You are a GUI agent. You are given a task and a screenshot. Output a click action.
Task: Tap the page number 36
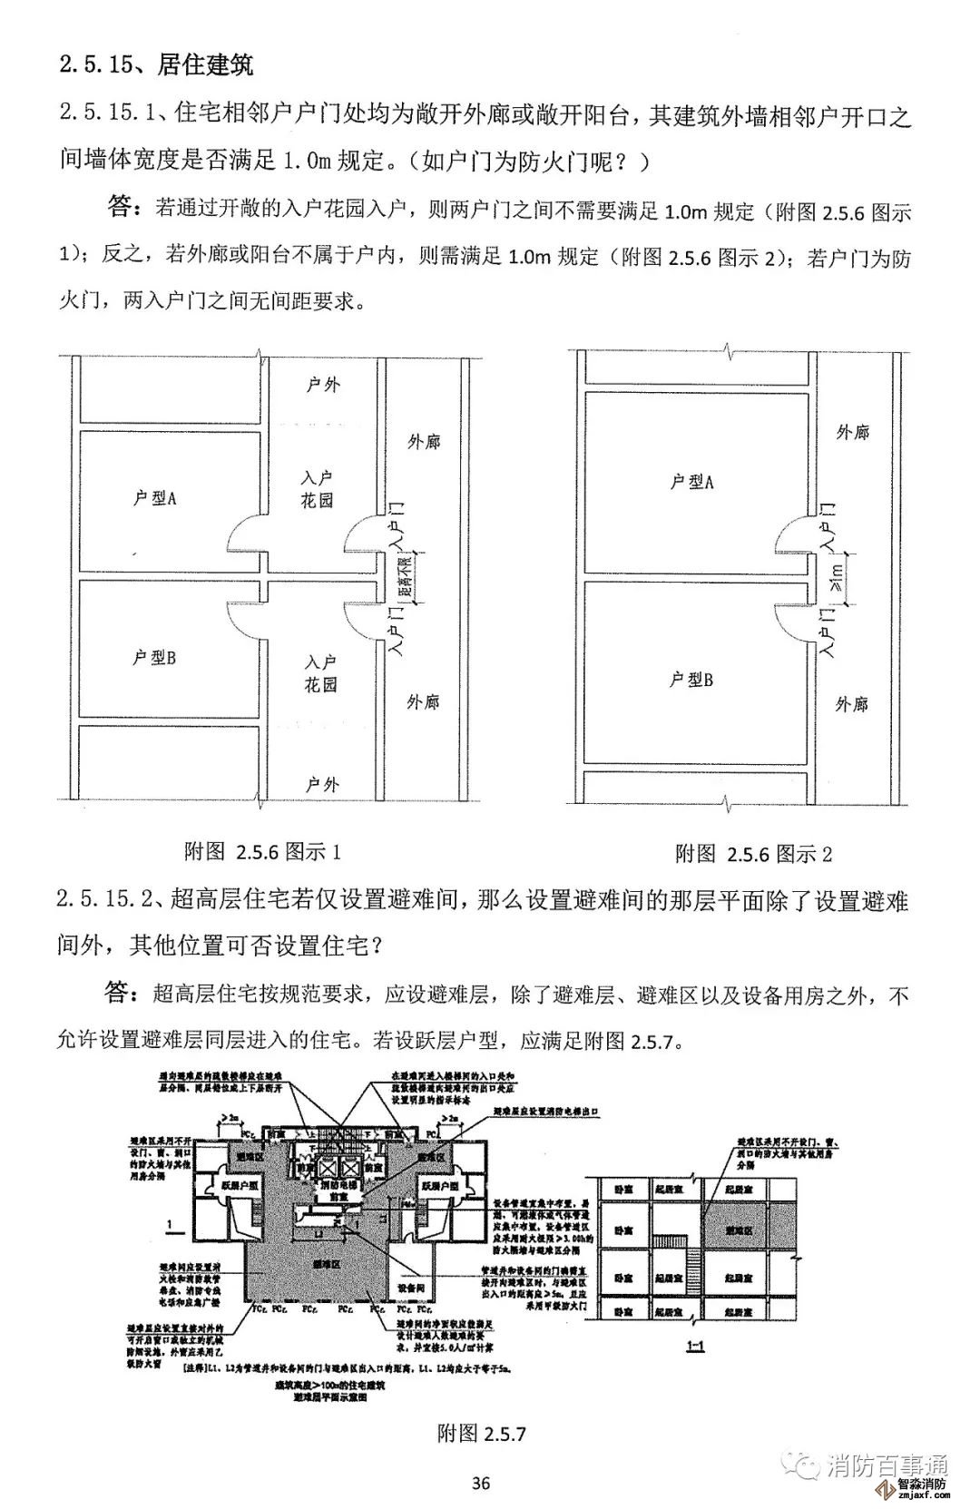(481, 1483)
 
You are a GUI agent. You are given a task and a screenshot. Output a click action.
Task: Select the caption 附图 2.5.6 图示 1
(262, 851)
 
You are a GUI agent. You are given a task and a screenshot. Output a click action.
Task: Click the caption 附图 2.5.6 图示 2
(753, 853)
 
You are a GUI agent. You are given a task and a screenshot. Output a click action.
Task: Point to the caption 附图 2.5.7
(481, 1433)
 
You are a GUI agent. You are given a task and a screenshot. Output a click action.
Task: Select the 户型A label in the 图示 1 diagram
(154, 497)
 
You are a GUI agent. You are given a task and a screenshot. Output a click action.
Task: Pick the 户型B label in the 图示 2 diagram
(691, 679)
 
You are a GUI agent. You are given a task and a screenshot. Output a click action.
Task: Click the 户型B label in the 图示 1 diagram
(154, 657)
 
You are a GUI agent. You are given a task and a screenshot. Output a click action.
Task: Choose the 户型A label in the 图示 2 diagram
(691, 482)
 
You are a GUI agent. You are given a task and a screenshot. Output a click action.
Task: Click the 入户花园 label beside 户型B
(320, 673)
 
